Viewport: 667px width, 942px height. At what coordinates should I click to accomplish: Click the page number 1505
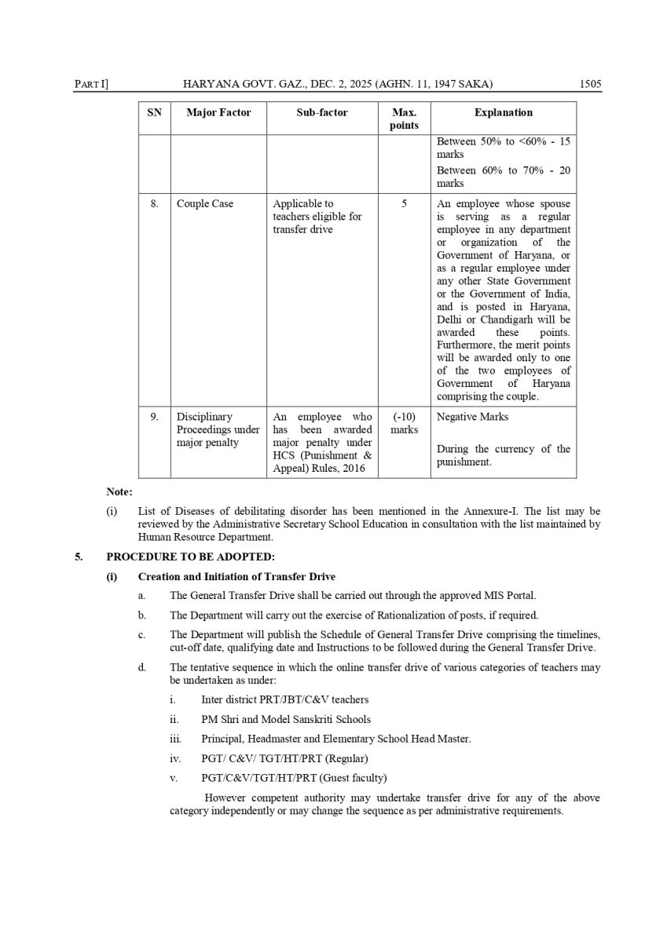coord(589,84)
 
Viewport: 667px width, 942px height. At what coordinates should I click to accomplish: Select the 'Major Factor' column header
coord(218,112)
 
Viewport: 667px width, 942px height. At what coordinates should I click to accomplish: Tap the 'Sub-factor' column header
coord(322,112)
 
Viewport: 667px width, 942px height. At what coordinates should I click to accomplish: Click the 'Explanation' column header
coord(503,112)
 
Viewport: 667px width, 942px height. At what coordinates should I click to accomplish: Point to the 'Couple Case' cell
coord(204,203)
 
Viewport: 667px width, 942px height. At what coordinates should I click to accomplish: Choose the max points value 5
coord(404,203)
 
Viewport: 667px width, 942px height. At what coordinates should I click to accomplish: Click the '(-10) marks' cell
coord(404,423)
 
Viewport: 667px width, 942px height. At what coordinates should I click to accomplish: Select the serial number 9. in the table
coord(154,417)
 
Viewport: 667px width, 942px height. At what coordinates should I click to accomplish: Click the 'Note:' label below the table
coord(119,492)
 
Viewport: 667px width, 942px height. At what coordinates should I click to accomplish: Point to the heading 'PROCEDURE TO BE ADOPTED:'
coord(191,557)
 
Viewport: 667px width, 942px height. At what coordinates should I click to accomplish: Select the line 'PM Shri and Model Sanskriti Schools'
coord(286,719)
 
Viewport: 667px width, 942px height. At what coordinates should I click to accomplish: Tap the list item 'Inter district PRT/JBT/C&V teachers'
coord(284,699)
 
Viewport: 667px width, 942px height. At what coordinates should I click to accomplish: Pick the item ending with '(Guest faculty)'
coord(294,778)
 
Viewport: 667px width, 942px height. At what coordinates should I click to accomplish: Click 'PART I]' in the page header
coord(90,84)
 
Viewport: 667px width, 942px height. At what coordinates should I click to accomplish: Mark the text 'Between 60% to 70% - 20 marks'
coord(503,177)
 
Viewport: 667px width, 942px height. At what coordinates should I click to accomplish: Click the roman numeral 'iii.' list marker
coord(175,739)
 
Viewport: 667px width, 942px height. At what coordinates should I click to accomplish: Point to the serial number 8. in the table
coord(154,203)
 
